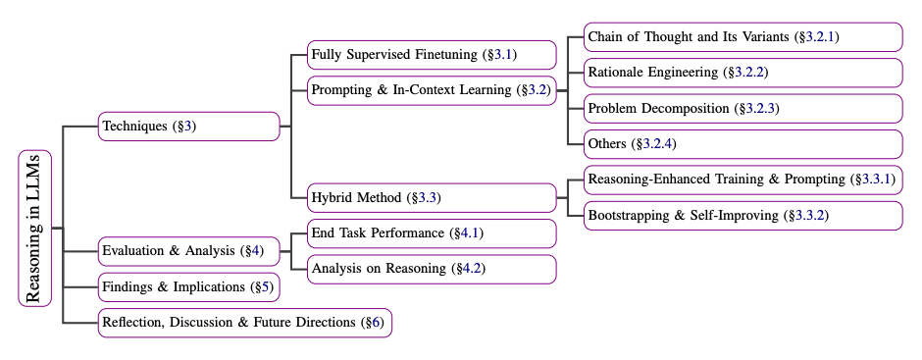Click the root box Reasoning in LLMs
tap(34, 228)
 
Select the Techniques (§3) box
tap(189, 126)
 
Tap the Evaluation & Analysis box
tap(189, 251)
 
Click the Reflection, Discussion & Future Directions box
tap(245, 323)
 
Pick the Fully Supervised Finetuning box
tap(432, 54)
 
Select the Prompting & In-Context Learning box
tap(432, 90)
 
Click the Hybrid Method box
tap(432, 197)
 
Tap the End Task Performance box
tap(432, 233)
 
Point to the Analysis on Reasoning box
tap(432, 269)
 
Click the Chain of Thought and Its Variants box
tap(743, 37)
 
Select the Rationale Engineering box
tap(743, 73)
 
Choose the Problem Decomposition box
tap(743, 108)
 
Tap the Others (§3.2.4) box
tap(743, 143)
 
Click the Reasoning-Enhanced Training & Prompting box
tap(743, 180)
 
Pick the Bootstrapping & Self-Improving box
tap(743, 215)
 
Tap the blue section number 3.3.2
tap(809, 215)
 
